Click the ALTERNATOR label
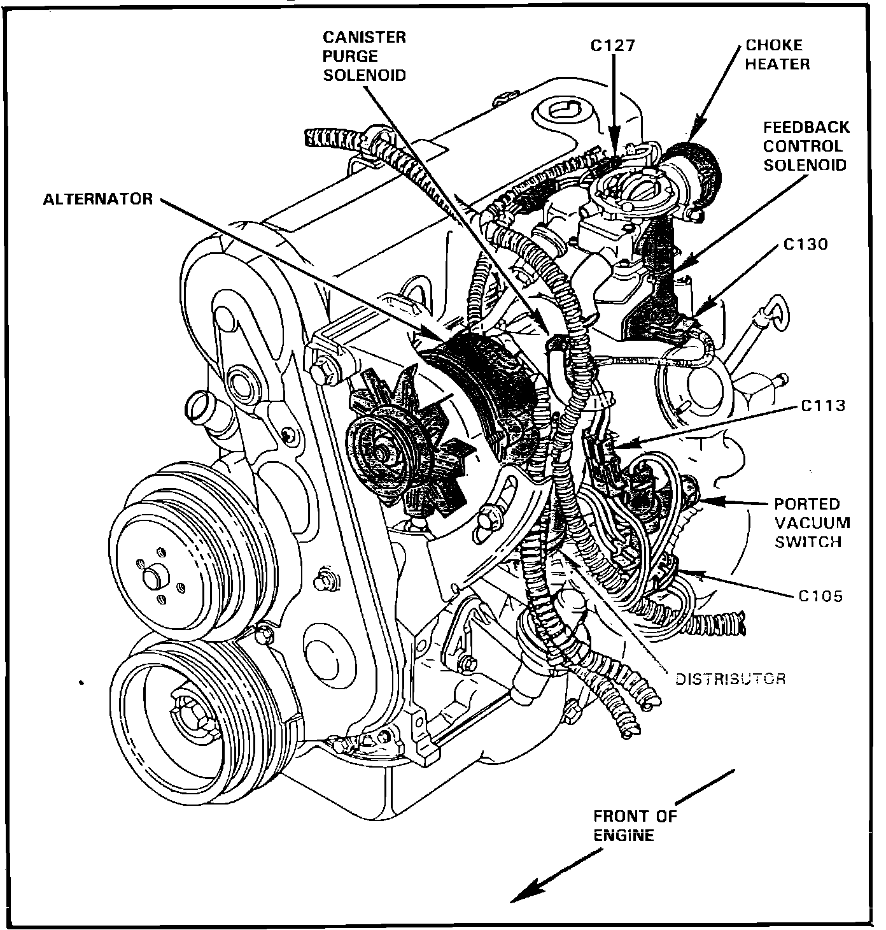pos(98,199)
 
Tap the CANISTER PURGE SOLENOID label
pos(364,56)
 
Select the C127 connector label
pos(613,46)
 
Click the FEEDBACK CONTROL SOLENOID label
pos(806,147)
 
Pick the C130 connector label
pos(805,244)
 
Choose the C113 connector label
pos(823,405)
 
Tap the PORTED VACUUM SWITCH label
pos(812,523)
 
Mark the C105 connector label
pos(820,596)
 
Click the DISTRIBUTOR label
pos(729,679)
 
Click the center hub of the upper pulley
pos(153,578)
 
